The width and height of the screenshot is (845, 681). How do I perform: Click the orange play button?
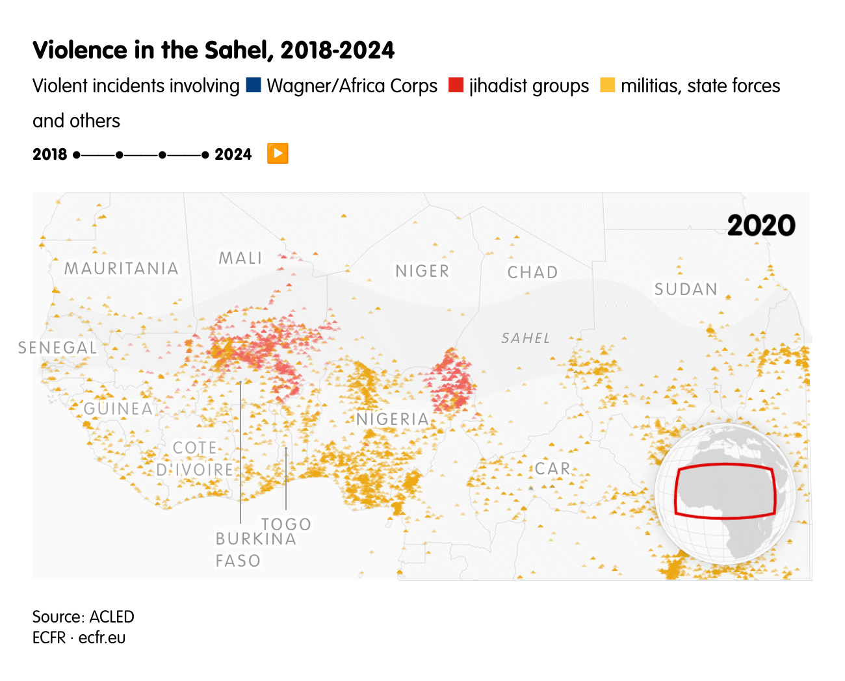(278, 154)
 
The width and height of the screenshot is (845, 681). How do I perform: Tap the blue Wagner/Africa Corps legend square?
(253, 85)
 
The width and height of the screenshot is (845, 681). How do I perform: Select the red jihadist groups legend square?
(456, 85)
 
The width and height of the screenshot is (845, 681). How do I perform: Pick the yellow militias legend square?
(607, 85)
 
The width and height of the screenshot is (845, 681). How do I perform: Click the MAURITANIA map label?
(121, 268)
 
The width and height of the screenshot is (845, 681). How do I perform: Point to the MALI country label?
(240, 258)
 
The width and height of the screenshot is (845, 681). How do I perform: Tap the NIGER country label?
(422, 271)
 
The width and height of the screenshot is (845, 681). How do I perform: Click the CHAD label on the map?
(532, 272)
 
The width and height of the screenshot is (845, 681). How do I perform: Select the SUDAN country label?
(686, 289)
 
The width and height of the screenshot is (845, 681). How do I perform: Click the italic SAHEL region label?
(525, 338)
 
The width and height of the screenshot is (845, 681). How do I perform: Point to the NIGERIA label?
(393, 419)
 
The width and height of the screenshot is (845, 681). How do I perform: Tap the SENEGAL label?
(58, 348)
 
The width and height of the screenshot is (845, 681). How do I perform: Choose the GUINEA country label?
(118, 409)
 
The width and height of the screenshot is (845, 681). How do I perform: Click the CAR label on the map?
(552, 469)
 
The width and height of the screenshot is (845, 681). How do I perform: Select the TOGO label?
(286, 524)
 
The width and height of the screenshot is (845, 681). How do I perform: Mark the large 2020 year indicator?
(760, 225)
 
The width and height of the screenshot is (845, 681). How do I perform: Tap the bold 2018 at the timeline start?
(50, 155)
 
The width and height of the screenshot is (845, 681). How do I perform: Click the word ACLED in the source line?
(112, 617)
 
